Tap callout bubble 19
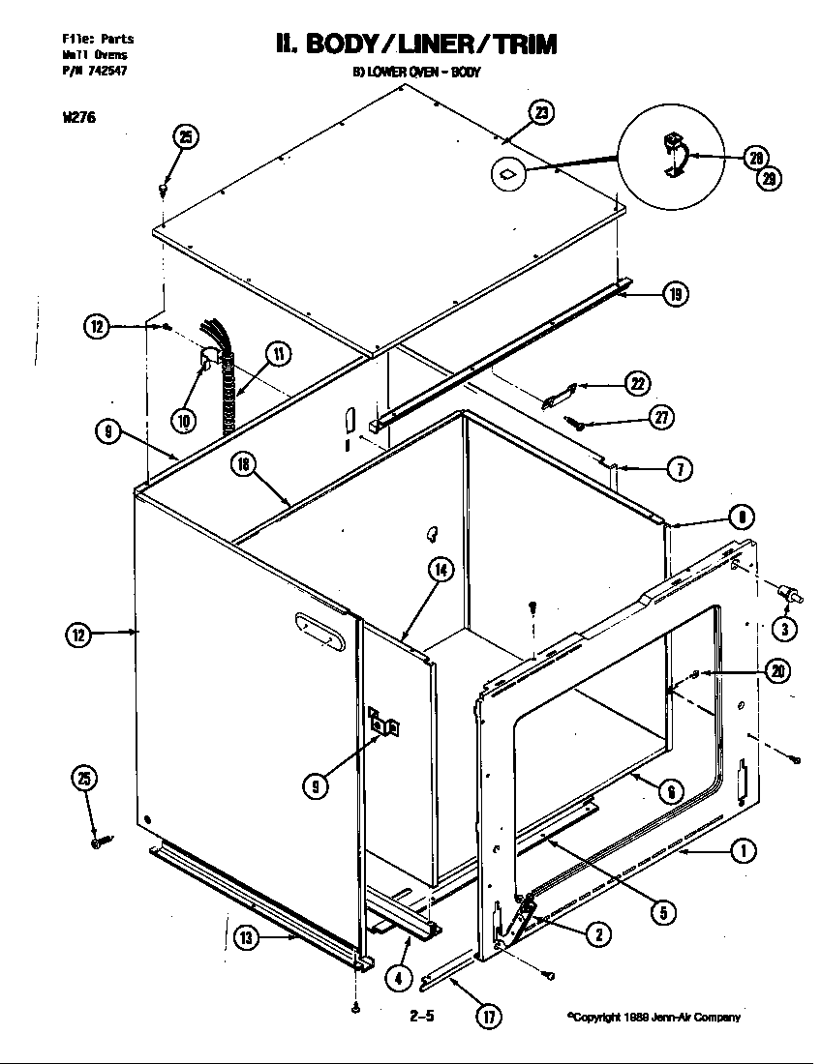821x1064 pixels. tap(675, 295)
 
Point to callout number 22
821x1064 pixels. tap(636, 383)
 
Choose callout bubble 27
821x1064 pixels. tap(661, 417)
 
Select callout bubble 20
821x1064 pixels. tap(777, 670)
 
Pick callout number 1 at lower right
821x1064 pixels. tap(743, 851)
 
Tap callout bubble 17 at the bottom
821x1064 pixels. tap(490, 1016)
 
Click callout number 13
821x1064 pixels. tap(246, 935)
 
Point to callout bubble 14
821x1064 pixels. tap(440, 570)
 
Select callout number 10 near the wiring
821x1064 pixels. tap(184, 419)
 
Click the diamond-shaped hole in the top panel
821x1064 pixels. tap(508, 174)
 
